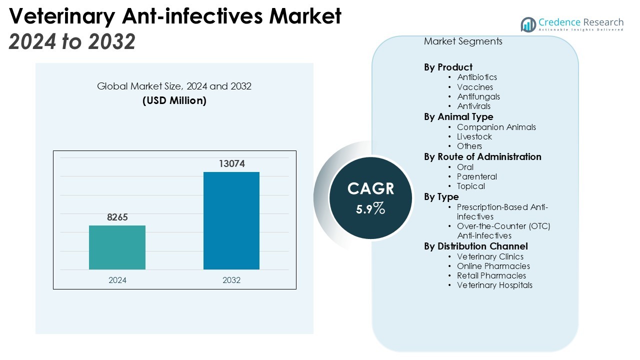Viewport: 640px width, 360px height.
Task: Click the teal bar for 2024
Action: [x=117, y=247]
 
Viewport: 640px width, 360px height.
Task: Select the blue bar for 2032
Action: [x=231, y=220]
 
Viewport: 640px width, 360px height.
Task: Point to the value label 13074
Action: [x=231, y=164]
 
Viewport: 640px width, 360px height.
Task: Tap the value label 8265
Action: [x=117, y=217]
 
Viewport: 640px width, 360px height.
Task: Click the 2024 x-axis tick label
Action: [x=117, y=280]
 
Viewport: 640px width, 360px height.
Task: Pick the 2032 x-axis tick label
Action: [x=231, y=280]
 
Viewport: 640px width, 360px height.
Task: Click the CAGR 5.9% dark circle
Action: [x=370, y=197]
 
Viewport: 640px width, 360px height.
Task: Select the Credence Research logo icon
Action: [x=528, y=24]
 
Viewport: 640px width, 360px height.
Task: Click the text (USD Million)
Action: [x=174, y=100]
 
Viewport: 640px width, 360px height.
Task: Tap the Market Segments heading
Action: [x=463, y=41]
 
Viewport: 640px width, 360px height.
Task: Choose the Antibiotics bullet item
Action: [x=477, y=77]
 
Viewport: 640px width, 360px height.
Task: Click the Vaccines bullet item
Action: [x=475, y=87]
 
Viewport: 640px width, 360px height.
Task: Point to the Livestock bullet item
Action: [x=474, y=136]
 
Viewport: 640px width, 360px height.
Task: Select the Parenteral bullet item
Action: [x=477, y=176]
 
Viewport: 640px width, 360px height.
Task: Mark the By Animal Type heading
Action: [x=458, y=117]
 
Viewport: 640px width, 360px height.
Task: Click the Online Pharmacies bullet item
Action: [x=493, y=266]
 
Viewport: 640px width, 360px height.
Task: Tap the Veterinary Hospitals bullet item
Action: [x=494, y=285]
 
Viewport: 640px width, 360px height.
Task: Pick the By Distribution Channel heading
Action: [x=476, y=246]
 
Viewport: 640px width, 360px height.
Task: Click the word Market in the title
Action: [x=305, y=16]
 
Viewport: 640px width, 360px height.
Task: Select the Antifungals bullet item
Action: [x=478, y=96]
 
